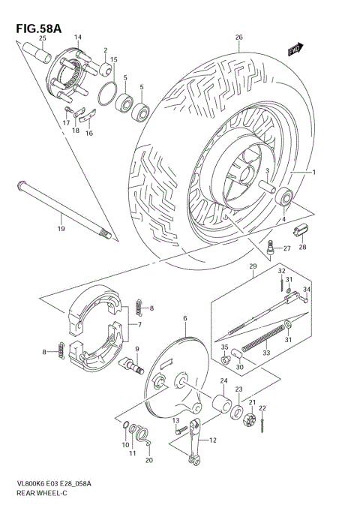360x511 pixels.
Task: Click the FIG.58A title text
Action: pos(37,29)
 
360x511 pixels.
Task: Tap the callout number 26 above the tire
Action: pos(238,38)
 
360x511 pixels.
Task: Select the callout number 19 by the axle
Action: pos(61,226)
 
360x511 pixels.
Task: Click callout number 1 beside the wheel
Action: pos(313,173)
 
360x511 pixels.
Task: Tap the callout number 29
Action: pos(253,267)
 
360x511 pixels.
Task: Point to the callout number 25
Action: pos(42,38)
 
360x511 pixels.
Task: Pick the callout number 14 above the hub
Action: pos(78,37)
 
